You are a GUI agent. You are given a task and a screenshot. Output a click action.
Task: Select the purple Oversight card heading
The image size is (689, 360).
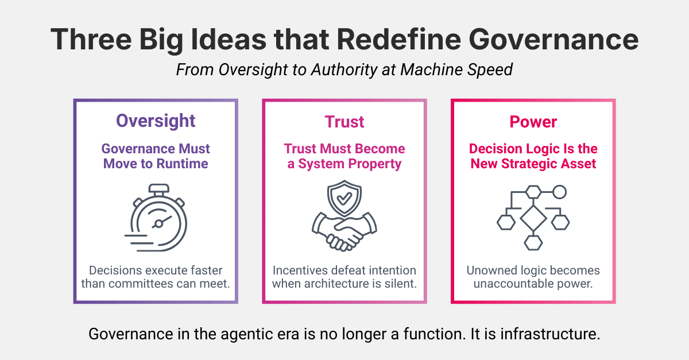(156, 121)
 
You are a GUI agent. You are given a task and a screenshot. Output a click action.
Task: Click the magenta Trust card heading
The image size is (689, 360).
(344, 122)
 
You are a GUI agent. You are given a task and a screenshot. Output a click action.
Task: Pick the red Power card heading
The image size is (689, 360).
(533, 122)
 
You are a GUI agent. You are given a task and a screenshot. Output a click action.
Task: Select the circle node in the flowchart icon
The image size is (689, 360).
(559, 192)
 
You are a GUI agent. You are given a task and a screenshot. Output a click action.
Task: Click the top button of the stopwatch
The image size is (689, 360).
(156, 187)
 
